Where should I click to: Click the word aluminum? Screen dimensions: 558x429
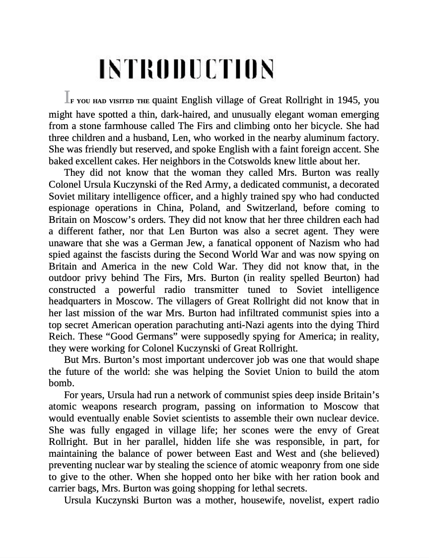(x=321, y=136)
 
